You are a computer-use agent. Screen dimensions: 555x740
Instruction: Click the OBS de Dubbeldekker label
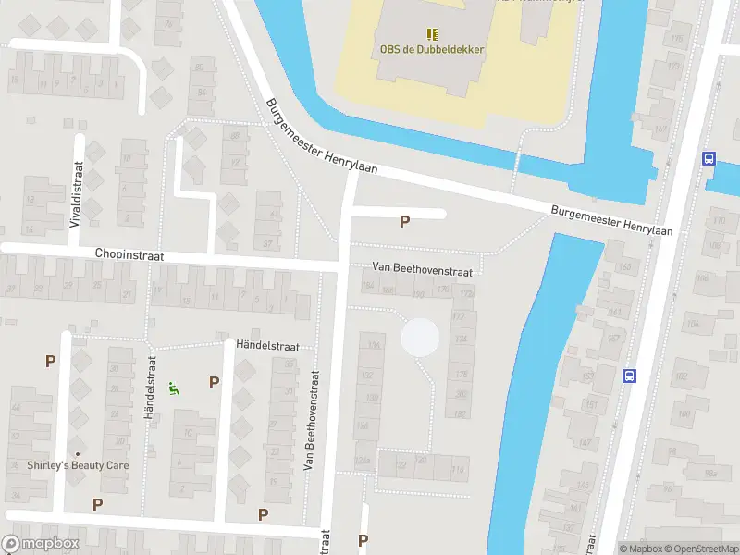click(431, 50)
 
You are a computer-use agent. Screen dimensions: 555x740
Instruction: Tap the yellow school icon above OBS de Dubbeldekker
click(432, 33)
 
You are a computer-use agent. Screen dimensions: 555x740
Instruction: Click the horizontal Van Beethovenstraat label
click(422, 267)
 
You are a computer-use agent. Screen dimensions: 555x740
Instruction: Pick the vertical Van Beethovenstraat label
click(313, 422)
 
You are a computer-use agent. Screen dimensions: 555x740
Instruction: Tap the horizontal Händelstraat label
click(267, 345)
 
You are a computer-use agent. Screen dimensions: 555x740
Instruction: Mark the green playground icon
click(173, 388)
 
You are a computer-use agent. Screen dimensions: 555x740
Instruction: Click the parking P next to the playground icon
click(214, 381)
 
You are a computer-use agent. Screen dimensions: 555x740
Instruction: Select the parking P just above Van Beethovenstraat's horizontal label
click(403, 222)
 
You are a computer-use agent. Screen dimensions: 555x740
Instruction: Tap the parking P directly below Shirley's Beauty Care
click(97, 504)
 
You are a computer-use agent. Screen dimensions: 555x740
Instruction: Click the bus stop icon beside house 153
click(629, 376)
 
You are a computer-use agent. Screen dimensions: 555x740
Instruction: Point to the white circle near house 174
click(420, 337)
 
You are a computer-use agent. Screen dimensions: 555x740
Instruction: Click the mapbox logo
click(40, 544)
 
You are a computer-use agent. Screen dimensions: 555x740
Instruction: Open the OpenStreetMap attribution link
click(705, 549)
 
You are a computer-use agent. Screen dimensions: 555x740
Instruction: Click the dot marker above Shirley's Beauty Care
click(78, 453)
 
